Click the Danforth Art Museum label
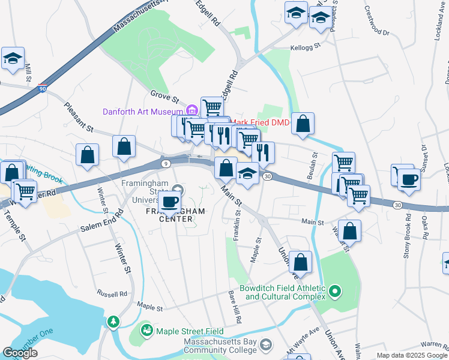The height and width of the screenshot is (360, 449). (x=142, y=111)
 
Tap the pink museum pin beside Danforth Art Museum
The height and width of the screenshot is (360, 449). (x=192, y=110)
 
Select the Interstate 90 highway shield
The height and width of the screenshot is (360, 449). (x=43, y=88)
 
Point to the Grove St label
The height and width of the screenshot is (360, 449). (x=164, y=95)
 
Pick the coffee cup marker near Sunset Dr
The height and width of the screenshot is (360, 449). (x=409, y=179)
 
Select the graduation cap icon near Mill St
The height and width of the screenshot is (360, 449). (x=13, y=59)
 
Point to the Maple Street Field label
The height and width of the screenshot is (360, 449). (x=190, y=331)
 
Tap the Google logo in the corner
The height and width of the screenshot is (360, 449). (x=20, y=353)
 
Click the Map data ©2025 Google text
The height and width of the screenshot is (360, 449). (x=412, y=355)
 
